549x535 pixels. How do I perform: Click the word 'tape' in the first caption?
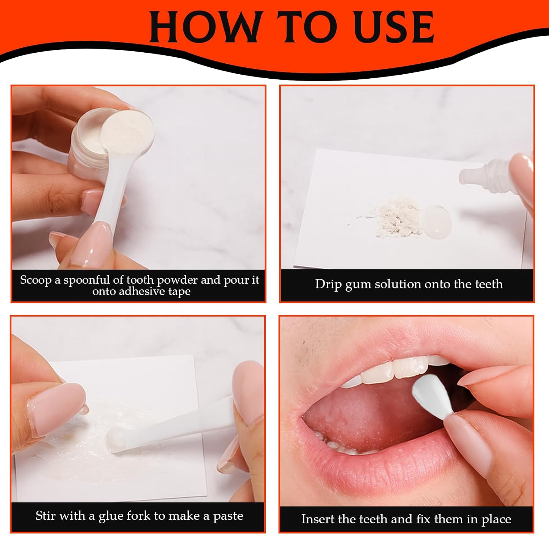tap(179, 292)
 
